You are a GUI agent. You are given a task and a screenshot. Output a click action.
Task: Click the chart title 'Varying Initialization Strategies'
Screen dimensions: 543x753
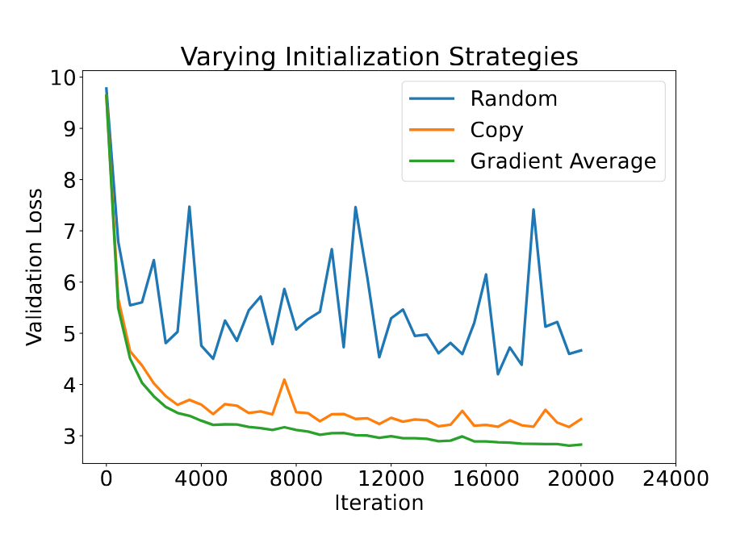379,57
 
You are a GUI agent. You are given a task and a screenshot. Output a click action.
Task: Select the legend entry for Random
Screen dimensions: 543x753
513,99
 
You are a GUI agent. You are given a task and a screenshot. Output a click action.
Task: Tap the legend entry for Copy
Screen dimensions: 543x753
496,131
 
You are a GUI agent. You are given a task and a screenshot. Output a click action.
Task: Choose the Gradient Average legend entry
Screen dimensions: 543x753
563,161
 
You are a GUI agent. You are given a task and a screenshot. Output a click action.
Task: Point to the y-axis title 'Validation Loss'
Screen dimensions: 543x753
35,267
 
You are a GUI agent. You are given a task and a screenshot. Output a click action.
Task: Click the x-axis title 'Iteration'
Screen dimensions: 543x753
379,503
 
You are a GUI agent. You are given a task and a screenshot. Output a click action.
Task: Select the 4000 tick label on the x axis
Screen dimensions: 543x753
201,478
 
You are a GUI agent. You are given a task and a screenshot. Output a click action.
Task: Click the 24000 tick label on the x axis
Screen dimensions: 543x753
676,478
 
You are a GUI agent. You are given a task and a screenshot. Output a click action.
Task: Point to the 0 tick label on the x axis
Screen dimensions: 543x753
107,478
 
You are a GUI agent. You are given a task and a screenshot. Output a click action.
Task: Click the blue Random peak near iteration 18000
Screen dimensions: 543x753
533,210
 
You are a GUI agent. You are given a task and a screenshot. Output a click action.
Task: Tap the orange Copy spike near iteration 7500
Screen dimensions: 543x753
284,379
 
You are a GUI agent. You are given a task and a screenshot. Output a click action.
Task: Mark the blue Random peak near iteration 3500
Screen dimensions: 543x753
190,207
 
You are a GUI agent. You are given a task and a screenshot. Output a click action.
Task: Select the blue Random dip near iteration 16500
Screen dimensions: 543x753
498,374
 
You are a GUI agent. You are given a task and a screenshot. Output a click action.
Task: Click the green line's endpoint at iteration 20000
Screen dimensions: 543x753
581,445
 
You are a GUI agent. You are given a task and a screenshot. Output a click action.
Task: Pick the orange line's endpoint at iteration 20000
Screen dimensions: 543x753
581,419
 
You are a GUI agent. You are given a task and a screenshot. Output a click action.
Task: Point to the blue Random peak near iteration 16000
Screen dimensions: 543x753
486,274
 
